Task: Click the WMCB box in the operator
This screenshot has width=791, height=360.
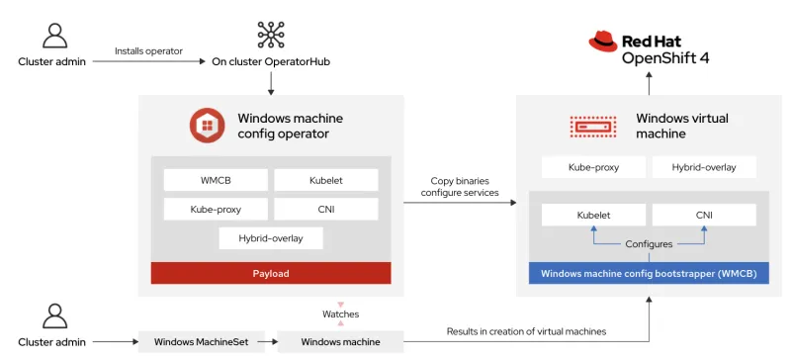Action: tap(216, 180)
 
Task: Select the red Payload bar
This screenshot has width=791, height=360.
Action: tap(270, 273)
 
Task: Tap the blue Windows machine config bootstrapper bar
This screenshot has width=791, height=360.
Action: tap(649, 273)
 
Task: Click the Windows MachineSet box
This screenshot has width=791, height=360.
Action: tap(201, 342)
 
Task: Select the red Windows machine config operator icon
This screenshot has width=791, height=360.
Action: tap(209, 126)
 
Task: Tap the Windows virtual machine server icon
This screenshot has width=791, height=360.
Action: tap(594, 126)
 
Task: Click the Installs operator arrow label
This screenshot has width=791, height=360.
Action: tap(147, 50)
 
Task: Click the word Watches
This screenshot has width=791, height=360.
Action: tap(340, 315)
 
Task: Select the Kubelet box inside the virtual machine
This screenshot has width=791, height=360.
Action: tap(593, 215)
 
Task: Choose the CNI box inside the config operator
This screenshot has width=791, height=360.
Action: tap(325, 210)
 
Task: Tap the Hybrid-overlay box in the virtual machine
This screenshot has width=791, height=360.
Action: tap(703, 167)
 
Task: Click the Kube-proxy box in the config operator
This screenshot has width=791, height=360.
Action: tap(216, 210)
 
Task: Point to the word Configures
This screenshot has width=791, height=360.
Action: tap(649, 243)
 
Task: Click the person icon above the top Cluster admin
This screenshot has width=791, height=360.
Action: tap(53, 36)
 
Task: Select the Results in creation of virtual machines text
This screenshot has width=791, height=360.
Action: tap(526, 331)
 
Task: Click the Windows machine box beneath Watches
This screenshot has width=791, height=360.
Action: tap(340, 342)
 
